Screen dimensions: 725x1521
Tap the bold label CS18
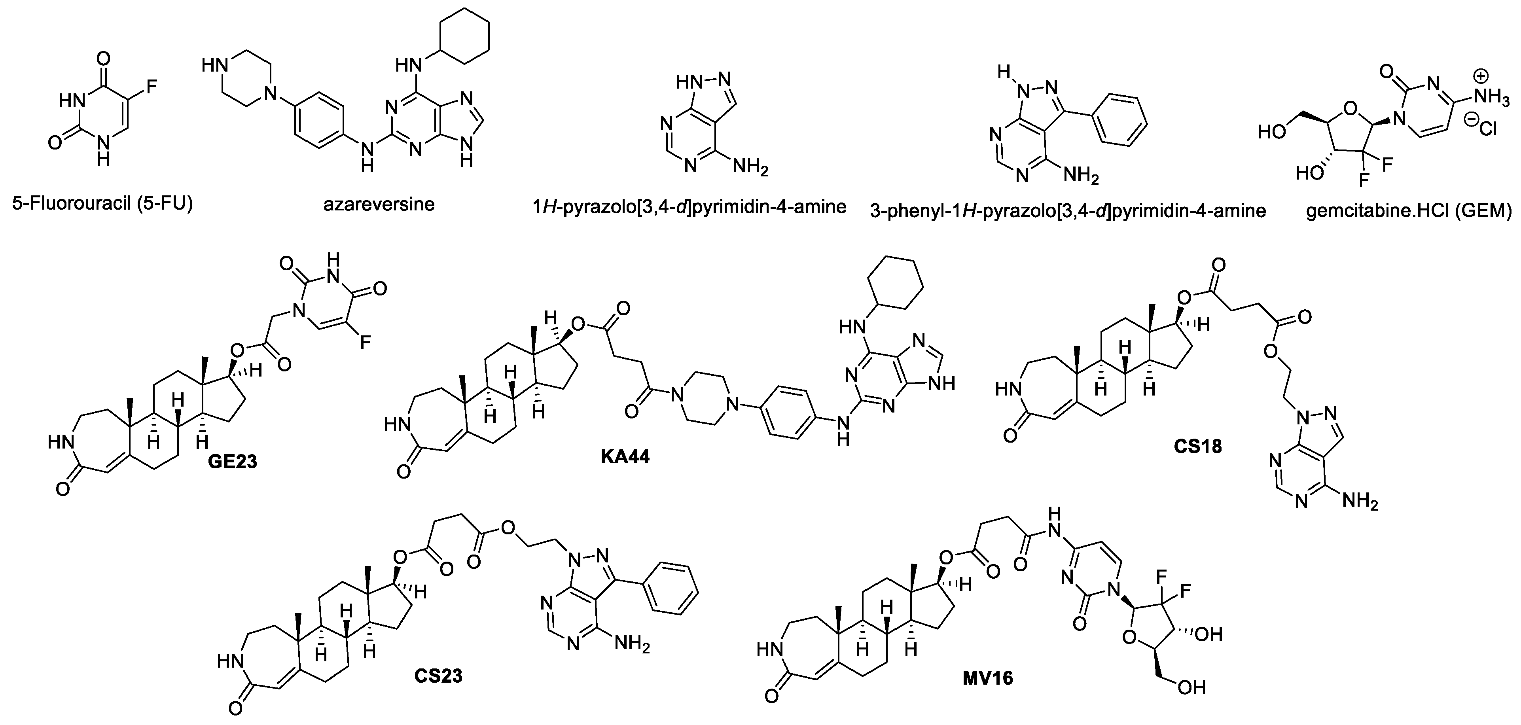tap(1197, 446)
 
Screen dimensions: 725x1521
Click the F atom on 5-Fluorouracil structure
tap(151, 88)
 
